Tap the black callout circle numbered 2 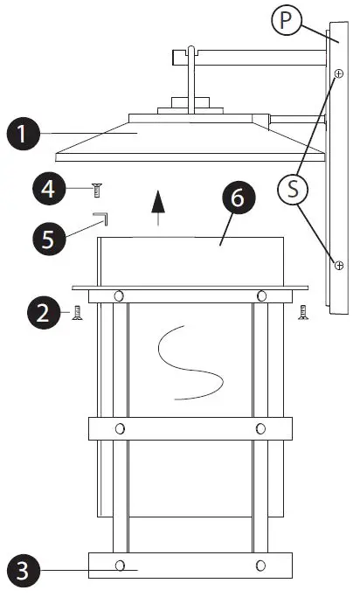(42, 313)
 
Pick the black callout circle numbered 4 (50, 189)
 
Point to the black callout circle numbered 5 (49, 237)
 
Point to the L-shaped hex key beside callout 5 (98, 217)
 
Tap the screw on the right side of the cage (303, 311)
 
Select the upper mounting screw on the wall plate (336, 74)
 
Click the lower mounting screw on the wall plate (336, 264)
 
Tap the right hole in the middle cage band (260, 428)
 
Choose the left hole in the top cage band (119, 295)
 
